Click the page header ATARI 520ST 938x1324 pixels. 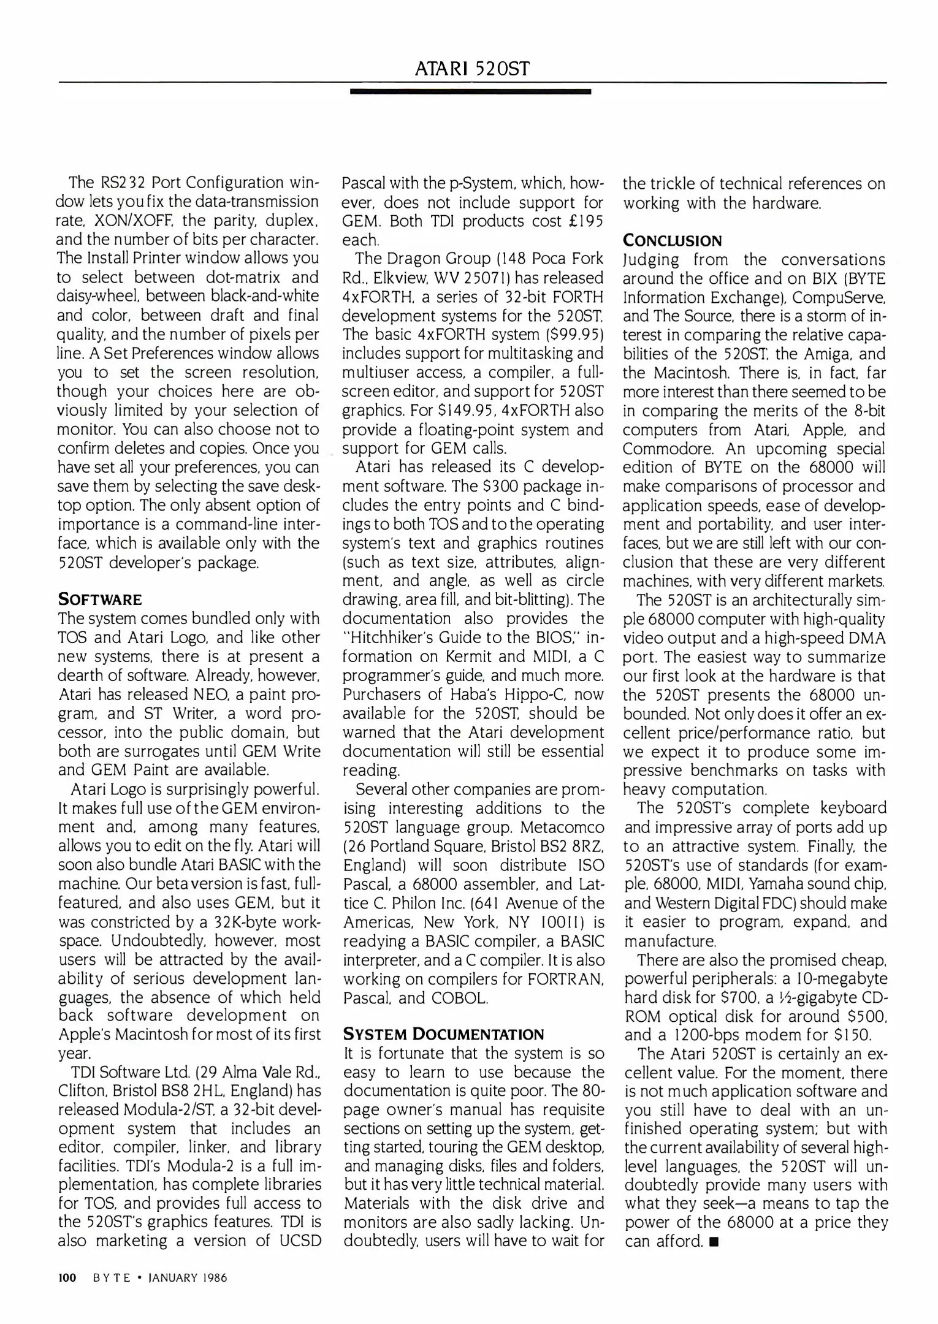[x=471, y=68]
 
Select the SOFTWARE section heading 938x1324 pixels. [x=100, y=599]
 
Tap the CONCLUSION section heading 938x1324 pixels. [x=672, y=240]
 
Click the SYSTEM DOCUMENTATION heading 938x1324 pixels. [x=443, y=1035]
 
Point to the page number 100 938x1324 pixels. [x=66, y=1278]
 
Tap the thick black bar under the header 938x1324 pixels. [x=470, y=91]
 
